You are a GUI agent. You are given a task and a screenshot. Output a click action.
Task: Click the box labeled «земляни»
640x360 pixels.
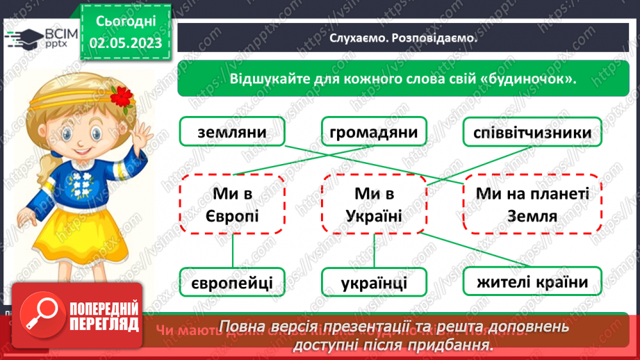pos(232,132)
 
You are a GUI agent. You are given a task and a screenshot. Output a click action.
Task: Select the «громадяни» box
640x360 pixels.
pos(374,132)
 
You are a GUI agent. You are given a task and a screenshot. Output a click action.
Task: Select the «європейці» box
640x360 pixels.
pos(232,283)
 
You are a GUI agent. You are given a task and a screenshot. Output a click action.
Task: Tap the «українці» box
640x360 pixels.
pos(374,283)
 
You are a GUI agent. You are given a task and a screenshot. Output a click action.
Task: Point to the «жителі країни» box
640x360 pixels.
pos(532,281)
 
